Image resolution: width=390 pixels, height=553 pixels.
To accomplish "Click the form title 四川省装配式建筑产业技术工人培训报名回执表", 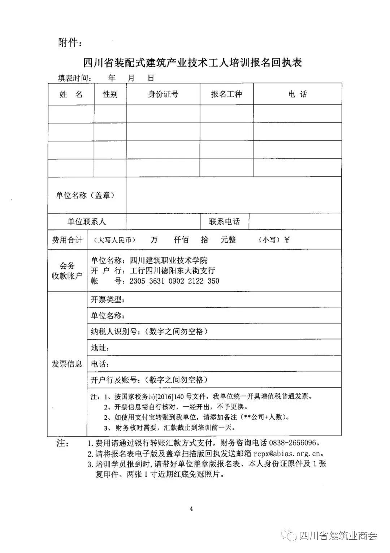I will (x=192, y=62).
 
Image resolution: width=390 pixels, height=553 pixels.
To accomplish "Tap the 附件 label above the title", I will (x=70, y=43).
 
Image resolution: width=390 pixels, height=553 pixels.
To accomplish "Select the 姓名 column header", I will (x=71, y=95).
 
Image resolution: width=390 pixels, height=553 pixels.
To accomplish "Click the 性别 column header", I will (x=110, y=95).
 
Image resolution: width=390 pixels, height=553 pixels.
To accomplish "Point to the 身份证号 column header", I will (x=163, y=95).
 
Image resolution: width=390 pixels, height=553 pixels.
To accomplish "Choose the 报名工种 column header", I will (x=226, y=95).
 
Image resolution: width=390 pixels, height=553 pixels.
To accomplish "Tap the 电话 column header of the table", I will (x=298, y=95).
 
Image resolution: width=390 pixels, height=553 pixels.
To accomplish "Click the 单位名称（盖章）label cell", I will (x=86, y=195).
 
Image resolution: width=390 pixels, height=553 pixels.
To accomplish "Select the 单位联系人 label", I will (x=87, y=222).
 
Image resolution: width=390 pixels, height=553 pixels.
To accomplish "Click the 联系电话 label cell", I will (x=224, y=222).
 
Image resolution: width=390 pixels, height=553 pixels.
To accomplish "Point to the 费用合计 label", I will (x=67, y=240).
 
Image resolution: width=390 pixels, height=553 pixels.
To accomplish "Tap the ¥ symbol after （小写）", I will (x=287, y=240).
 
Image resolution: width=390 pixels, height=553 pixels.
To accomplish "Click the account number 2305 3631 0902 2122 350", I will (x=174, y=281).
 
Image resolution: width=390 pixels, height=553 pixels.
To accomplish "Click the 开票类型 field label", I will (x=108, y=300).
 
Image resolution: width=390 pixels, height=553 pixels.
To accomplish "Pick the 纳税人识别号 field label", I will (x=115, y=332).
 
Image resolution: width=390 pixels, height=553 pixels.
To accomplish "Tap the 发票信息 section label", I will (x=67, y=364).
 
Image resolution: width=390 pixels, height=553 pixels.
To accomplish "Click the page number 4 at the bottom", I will (x=191, y=509).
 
